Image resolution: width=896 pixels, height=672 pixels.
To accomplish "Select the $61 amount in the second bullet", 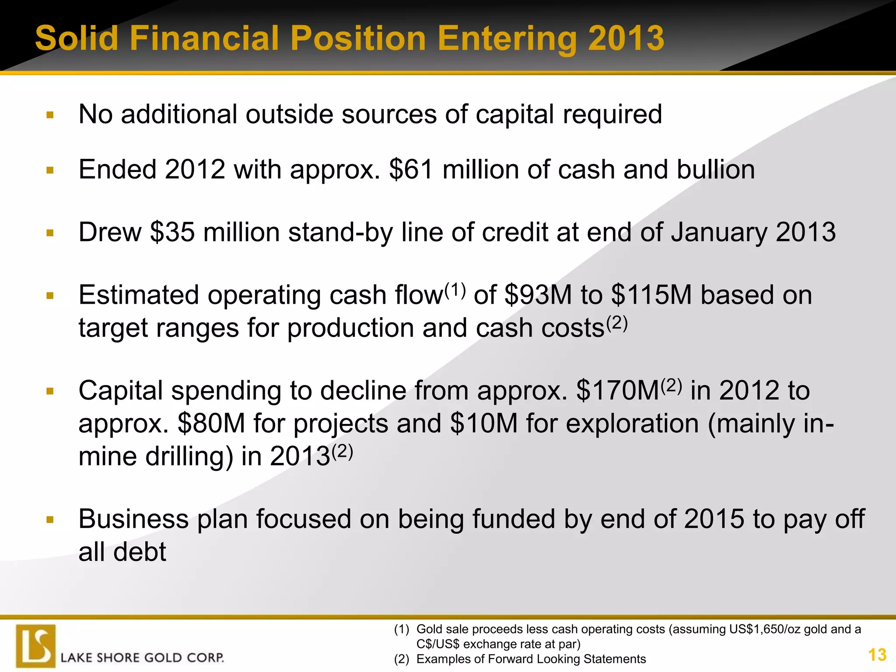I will click(x=411, y=170).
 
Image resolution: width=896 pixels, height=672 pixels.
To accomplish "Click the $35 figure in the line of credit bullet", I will click(x=172, y=232).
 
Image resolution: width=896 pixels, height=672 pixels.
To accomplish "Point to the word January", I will click(x=719, y=232).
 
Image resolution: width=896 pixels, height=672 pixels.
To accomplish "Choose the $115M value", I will click(x=651, y=295).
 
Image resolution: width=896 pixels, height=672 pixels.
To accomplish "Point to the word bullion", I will click(x=716, y=170).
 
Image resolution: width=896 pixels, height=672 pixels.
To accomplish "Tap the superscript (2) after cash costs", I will click(x=617, y=323).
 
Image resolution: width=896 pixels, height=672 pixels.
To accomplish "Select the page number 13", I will click(x=877, y=655).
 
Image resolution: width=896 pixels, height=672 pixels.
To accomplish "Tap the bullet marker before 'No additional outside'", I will click(x=50, y=115).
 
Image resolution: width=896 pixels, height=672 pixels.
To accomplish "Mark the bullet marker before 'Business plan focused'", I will click(x=50, y=520).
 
